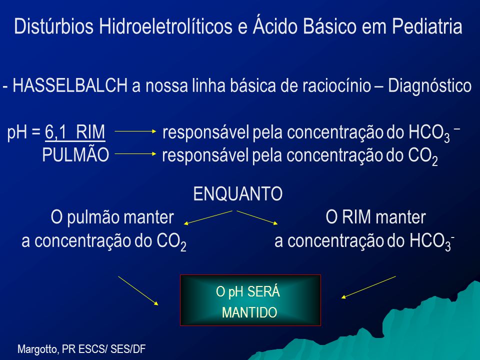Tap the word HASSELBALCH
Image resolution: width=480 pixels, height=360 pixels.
pos(70,85)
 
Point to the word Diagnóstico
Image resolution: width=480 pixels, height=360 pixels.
pos(430,86)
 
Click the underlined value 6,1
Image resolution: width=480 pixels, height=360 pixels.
pos(55,132)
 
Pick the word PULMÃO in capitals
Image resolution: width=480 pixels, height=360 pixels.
pos(75,154)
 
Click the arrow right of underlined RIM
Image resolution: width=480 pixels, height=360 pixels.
pos(135,131)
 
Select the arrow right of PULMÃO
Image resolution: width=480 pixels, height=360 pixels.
pos(135,153)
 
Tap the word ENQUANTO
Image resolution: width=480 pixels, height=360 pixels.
pos(238,194)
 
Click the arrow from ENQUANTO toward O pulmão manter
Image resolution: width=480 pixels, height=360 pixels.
pos(208,217)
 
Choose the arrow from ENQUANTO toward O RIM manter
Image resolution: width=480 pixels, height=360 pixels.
pos(257,217)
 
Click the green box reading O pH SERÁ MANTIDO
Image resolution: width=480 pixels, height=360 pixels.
pos(250,300)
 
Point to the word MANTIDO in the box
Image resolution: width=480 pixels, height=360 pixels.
pos(249,312)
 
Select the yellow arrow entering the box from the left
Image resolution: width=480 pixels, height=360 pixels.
pos(138,290)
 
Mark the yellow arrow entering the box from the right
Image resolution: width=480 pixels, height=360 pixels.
pos(368,287)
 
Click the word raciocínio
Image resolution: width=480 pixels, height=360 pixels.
pos(336,86)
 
